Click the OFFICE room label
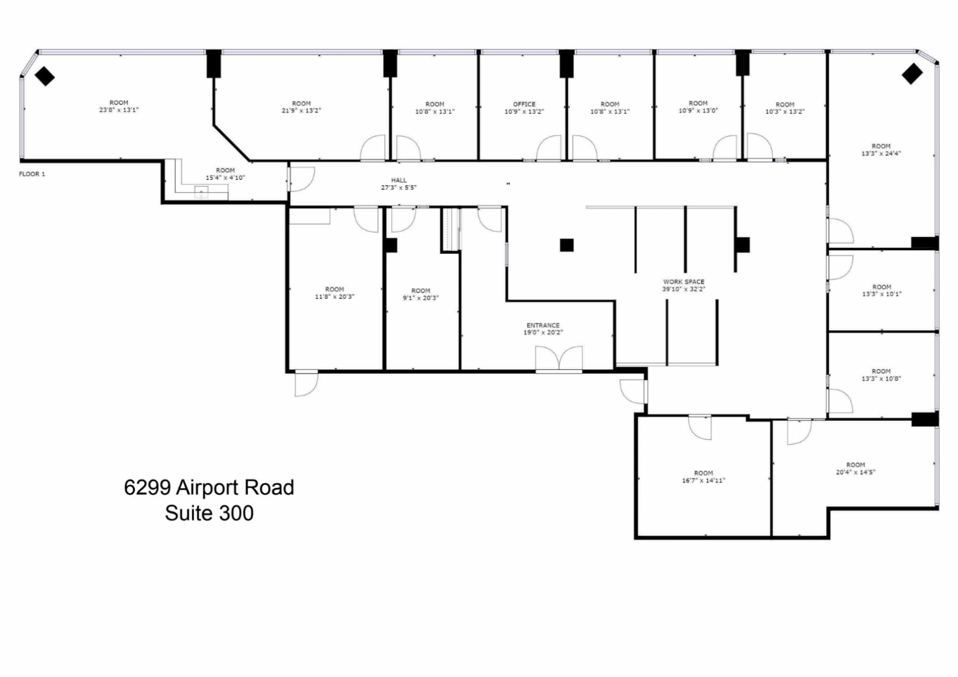pyautogui.click(x=524, y=104)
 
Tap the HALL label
pyautogui.click(x=399, y=180)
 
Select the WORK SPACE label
pyautogui.click(x=683, y=282)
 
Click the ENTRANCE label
pyautogui.click(x=543, y=325)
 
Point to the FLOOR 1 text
pyautogui.click(x=32, y=174)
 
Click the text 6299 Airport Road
pyautogui.click(x=209, y=488)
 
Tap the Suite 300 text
pyautogui.click(x=209, y=513)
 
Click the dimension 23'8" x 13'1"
pyautogui.click(x=119, y=110)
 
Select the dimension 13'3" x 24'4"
pyautogui.click(x=881, y=154)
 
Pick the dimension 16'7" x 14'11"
pyautogui.click(x=703, y=481)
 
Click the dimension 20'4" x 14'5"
pyautogui.click(x=855, y=472)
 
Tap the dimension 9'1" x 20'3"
pyautogui.click(x=421, y=298)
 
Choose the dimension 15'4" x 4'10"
pyautogui.click(x=225, y=178)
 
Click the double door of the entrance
pyautogui.click(x=559, y=359)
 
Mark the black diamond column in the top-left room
pyautogui.click(x=44, y=76)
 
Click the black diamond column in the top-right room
pyautogui.click(x=912, y=74)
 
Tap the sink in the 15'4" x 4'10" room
pyautogui.click(x=202, y=191)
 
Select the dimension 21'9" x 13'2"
pyautogui.click(x=301, y=111)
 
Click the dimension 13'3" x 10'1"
pyautogui.click(x=881, y=294)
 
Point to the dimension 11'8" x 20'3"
pyautogui.click(x=335, y=297)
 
